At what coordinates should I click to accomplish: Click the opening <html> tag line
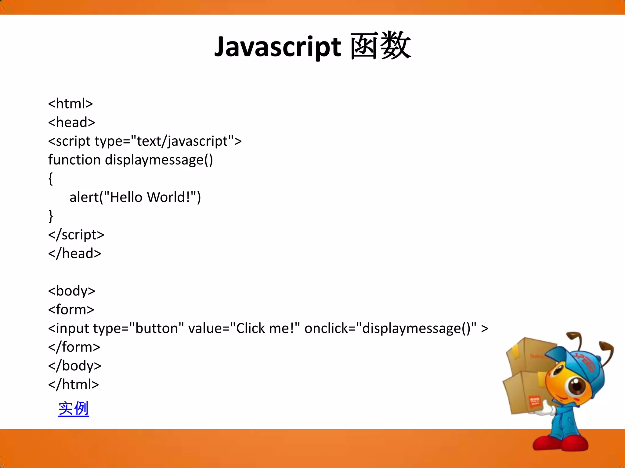[70, 104]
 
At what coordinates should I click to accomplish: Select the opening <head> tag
[72, 122]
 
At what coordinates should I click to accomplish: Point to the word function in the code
[74, 160]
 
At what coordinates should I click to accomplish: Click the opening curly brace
[51, 179]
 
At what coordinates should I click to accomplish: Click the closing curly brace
[51, 216]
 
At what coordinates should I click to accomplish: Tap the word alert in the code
[84, 197]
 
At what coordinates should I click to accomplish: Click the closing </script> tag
[76, 235]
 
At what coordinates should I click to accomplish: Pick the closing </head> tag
[74, 253]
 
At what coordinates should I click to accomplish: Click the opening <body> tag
[72, 291]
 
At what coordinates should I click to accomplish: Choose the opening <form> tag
[71, 310]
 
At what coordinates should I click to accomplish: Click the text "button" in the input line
[157, 328]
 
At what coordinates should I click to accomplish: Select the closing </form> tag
[74, 347]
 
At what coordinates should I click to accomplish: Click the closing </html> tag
[74, 385]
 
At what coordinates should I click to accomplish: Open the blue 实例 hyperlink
[74, 409]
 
